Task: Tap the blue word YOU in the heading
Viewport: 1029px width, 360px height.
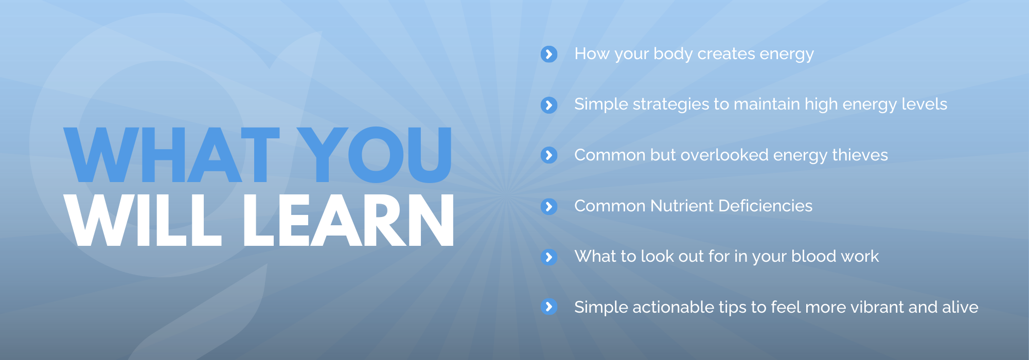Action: (375, 155)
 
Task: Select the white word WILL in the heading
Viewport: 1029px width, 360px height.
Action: (143, 220)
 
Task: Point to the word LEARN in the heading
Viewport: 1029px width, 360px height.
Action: (348, 220)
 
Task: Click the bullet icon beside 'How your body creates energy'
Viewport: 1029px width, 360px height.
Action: (549, 54)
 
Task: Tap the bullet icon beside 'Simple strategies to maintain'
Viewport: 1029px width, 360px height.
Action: (549, 105)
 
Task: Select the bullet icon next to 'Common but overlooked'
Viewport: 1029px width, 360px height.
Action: (549, 155)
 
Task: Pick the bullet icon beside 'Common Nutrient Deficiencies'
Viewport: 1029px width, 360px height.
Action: (549, 206)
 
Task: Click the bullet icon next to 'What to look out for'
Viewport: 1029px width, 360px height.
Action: (549, 257)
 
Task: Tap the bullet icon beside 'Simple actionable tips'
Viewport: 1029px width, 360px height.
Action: (549, 307)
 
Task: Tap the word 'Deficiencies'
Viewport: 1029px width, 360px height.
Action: (766, 206)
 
